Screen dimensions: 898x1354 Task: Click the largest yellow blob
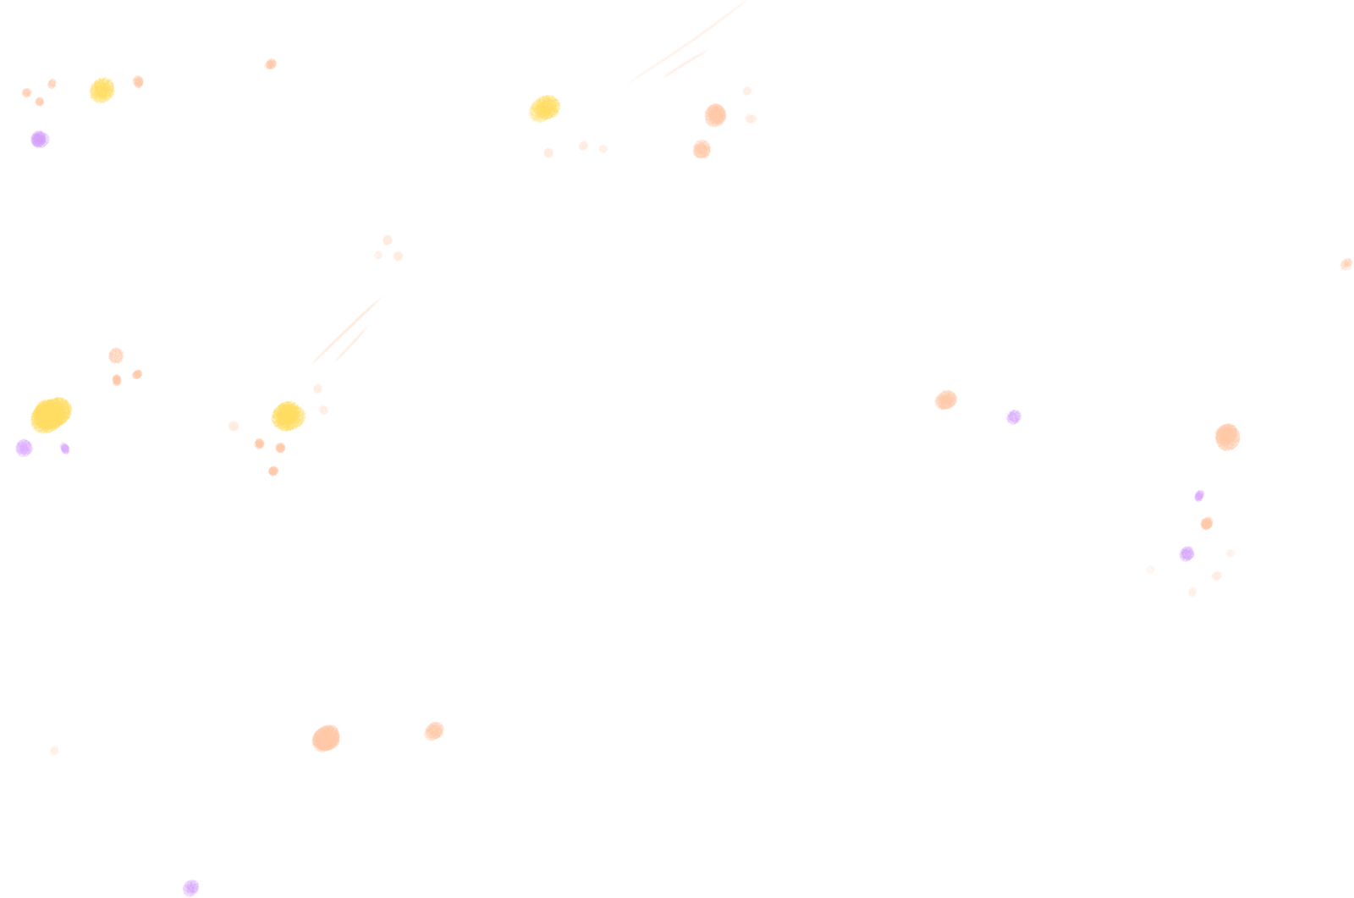click(x=51, y=415)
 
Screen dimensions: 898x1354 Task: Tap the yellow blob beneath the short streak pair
click(x=289, y=416)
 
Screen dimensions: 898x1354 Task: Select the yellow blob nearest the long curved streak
click(x=544, y=108)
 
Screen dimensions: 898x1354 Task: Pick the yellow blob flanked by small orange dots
click(x=102, y=90)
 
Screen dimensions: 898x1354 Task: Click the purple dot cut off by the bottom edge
click(x=191, y=888)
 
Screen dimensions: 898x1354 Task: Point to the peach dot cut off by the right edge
click(x=1346, y=264)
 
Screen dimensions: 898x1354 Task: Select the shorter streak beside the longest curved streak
click(x=686, y=63)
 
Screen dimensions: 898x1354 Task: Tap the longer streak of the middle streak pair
click(x=347, y=330)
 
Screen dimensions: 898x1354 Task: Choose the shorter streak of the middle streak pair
click(x=353, y=343)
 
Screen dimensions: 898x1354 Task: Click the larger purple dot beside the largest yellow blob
click(x=25, y=448)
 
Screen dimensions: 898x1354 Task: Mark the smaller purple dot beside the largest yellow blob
click(x=64, y=448)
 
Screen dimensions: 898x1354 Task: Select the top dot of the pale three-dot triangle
click(x=387, y=240)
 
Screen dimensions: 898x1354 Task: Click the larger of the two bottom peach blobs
click(x=326, y=738)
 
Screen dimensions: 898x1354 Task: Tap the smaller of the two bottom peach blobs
click(x=434, y=730)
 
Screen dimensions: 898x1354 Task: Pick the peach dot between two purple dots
click(x=1207, y=523)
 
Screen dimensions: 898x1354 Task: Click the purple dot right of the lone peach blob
click(x=1013, y=416)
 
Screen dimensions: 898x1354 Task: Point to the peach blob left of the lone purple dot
click(x=945, y=399)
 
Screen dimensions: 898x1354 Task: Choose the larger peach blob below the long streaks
click(x=715, y=115)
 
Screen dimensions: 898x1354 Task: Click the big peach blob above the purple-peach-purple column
click(x=1227, y=437)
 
